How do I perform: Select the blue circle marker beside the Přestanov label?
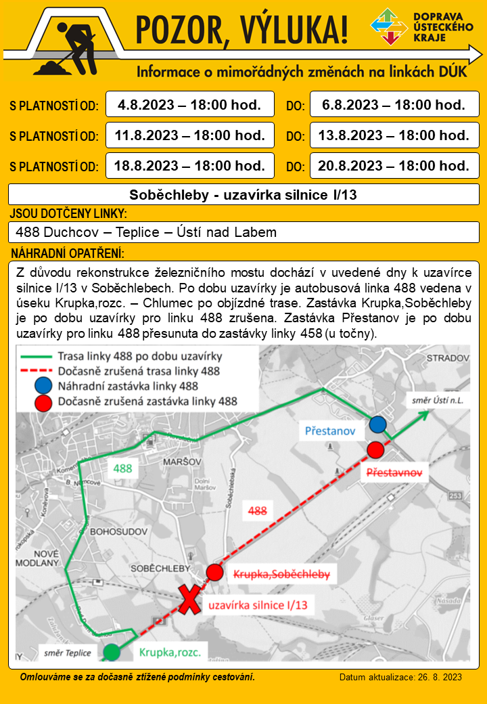(377, 424)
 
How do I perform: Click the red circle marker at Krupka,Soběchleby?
(214, 573)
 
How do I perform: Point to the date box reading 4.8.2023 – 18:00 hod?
(189, 105)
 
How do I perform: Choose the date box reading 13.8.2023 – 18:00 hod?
(394, 135)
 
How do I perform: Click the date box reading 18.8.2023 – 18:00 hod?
(189, 165)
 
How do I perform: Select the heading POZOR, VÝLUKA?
(242, 30)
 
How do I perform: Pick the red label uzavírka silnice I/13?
(257, 604)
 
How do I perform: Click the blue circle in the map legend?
(43, 386)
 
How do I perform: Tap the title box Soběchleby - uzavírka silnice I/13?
(243, 196)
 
